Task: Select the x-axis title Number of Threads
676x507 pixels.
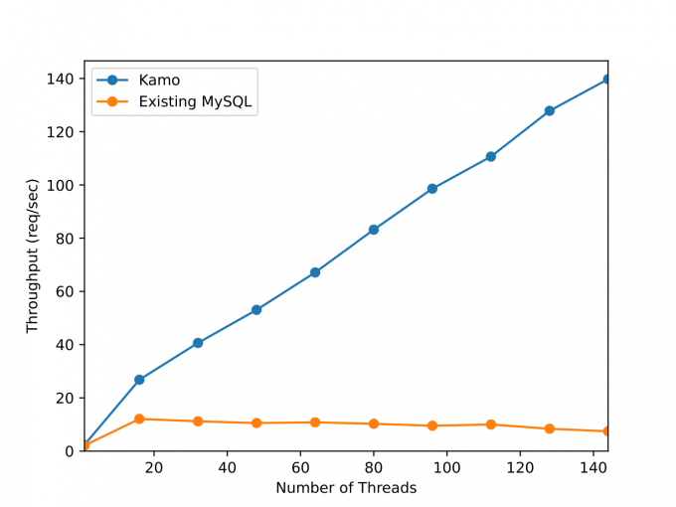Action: [346, 488]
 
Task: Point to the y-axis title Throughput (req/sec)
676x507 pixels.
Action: [33, 255]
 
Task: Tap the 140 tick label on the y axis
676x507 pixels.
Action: [61, 79]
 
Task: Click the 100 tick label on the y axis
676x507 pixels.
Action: [61, 185]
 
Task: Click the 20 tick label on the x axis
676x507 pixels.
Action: [154, 467]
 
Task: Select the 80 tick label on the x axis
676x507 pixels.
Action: [374, 467]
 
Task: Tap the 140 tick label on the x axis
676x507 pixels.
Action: [593, 467]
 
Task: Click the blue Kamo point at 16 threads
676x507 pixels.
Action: [139, 380]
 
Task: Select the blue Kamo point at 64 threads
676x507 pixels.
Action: [315, 272]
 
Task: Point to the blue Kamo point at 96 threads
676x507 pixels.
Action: [432, 188]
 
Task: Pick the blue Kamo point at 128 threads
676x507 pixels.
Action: [550, 110]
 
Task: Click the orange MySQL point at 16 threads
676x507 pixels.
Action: [139, 420]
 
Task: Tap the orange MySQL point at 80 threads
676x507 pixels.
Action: [374, 423]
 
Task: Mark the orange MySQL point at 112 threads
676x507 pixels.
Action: [491, 424]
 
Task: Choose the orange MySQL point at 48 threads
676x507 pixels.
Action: [256, 423]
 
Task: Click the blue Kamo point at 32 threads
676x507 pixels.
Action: [198, 343]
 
